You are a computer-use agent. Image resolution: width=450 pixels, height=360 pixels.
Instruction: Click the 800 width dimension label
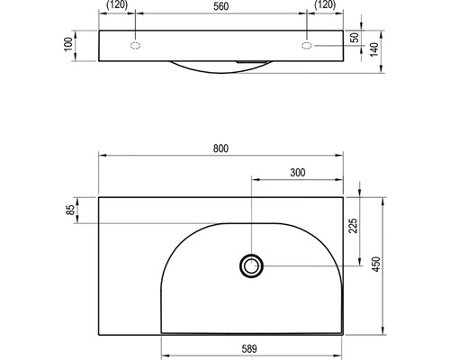point(220,148)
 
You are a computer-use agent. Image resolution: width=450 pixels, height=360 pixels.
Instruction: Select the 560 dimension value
point(221,6)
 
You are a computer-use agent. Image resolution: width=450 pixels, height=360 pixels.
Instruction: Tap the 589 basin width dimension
point(249,349)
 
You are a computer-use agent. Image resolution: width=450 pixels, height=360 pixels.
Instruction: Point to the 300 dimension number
point(298,173)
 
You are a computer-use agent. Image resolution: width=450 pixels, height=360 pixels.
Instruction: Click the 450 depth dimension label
point(376,265)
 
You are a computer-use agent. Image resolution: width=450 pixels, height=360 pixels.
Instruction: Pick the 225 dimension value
point(353,226)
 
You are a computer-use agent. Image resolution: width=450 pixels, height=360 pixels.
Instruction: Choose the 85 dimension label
point(70,210)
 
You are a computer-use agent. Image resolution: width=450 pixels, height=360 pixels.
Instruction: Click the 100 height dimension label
point(68,44)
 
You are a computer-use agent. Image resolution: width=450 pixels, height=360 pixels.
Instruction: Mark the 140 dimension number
point(373,49)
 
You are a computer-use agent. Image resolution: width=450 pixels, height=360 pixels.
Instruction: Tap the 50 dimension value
point(355,38)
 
